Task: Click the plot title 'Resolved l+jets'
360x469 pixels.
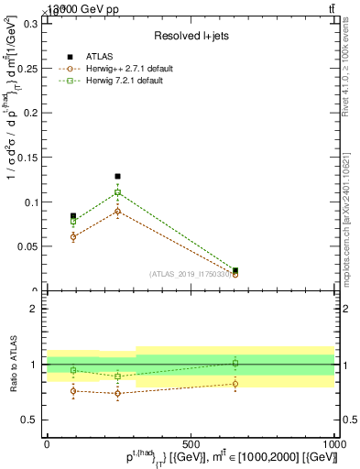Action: (190, 36)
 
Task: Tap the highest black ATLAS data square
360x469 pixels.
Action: (117, 176)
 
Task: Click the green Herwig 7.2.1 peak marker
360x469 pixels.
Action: (117, 193)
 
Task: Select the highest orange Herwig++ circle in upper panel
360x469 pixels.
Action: (117, 212)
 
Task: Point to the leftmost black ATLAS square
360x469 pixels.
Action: (73, 216)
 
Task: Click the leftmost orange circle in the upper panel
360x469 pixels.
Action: (73, 236)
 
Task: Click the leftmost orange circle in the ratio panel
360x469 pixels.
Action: (73, 391)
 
